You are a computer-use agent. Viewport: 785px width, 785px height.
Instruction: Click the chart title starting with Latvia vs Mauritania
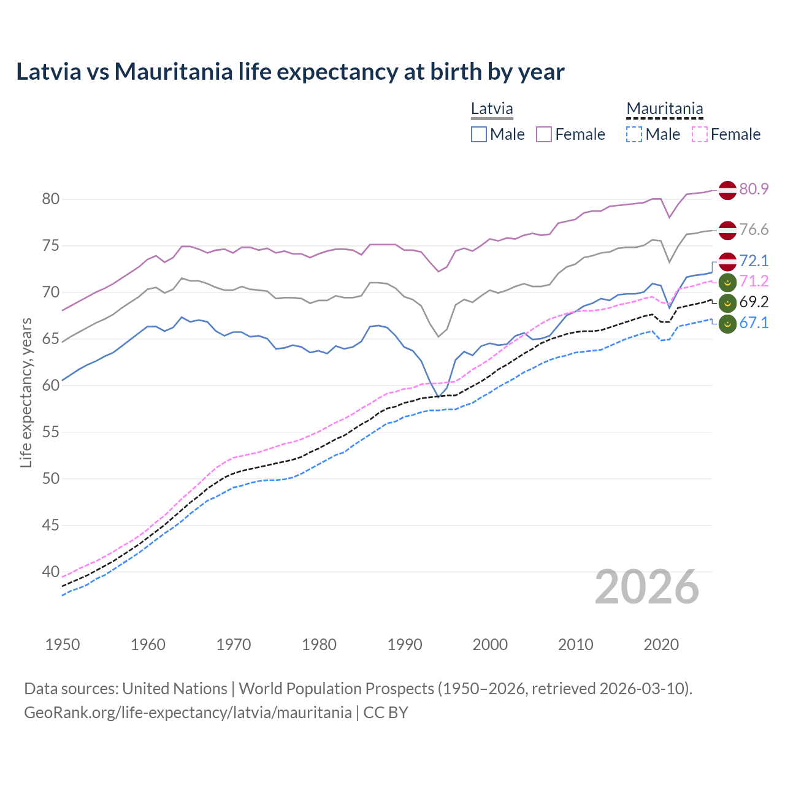pyautogui.click(x=290, y=72)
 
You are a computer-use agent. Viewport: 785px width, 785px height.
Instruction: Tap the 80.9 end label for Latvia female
pyautogui.click(x=754, y=189)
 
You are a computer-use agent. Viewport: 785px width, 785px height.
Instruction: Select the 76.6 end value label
pyautogui.click(x=754, y=229)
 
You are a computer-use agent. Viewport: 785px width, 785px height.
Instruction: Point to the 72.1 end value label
pyautogui.click(x=754, y=261)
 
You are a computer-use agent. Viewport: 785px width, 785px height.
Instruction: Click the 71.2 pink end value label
pyautogui.click(x=754, y=281)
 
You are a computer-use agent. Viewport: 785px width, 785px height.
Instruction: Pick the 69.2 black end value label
pyautogui.click(x=754, y=302)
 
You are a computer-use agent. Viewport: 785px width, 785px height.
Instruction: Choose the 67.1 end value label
pyautogui.click(x=754, y=323)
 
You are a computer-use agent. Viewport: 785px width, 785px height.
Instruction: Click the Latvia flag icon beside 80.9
pyautogui.click(x=727, y=190)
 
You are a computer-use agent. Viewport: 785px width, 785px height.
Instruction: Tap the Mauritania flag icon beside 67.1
pyautogui.click(x=727, y=323)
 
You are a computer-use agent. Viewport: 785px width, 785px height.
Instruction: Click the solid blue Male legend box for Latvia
pyautogui.click(x=479, y=134)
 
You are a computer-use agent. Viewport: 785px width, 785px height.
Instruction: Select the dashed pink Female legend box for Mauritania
pyautogui.click(x=700, y=134)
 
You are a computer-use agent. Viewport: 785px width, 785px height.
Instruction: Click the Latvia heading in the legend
pyautogui.click(x=492, y=109)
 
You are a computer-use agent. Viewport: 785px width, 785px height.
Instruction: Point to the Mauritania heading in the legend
pyautogui.click(x=665, y=109)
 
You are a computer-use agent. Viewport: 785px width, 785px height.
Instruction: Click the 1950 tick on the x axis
pyautogui.click(x=63, y=645)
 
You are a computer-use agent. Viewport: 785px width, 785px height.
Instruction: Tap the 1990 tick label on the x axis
pyautogui.click(x=405, y=645)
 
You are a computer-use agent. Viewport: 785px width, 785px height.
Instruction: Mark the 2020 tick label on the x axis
pyautogui.click(x=661, y=645)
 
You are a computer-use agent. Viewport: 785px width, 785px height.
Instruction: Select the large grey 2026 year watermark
pyautogui.click(x=647, y=587)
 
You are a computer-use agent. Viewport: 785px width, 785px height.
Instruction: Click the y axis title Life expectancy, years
pyautogui.click(x=26, y=392)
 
